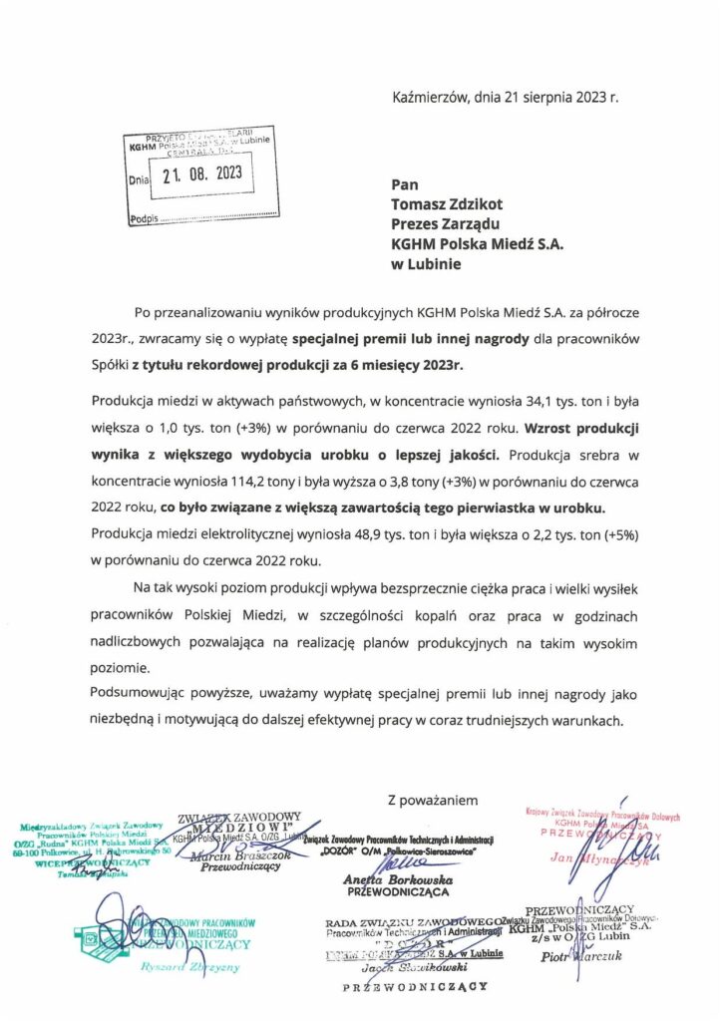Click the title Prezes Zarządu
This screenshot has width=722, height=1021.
(x=445, y=224)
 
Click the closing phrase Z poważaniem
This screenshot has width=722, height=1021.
(x=433, y=799)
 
